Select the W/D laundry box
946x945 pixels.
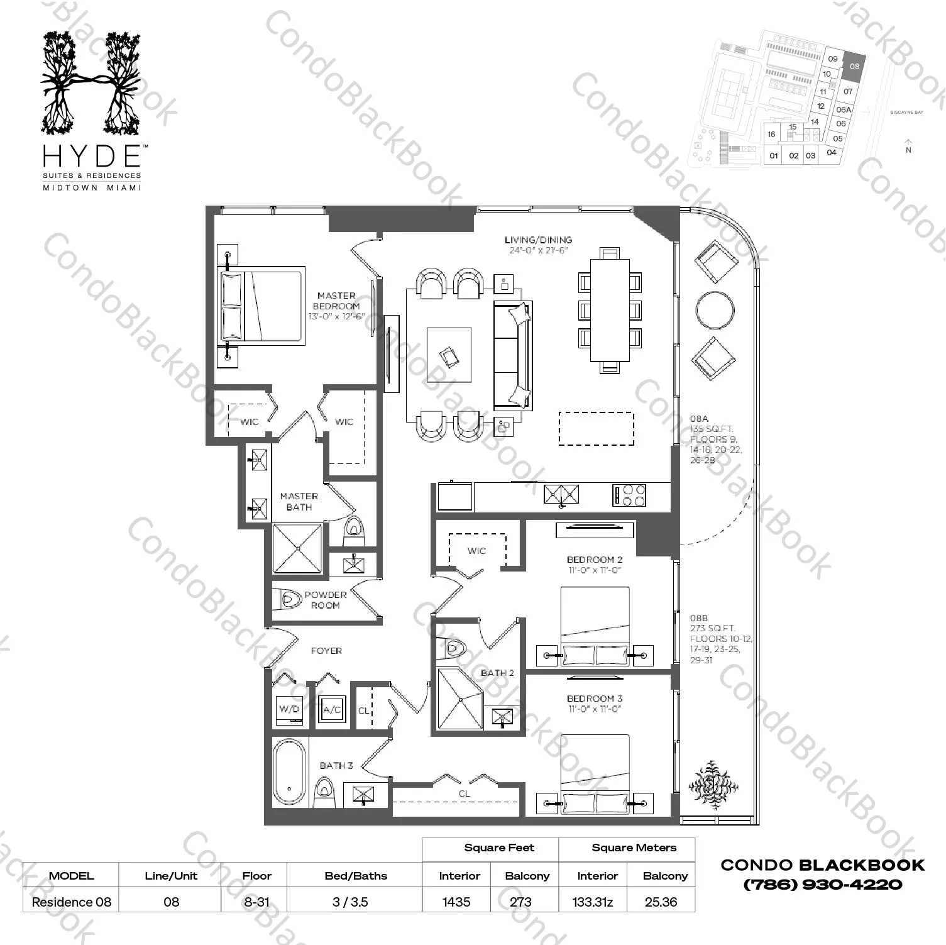(289, 709)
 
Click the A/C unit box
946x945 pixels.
(331, 710)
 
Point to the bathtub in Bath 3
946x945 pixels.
(289, 773)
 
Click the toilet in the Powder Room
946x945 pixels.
(287, 599)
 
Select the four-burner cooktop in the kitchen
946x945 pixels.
(629, 495)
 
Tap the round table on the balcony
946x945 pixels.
(715, 310)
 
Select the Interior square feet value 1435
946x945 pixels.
(456, 902)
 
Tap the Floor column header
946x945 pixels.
(256, 876)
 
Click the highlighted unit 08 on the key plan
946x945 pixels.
(854, 67)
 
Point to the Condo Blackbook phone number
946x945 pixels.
(823, 885)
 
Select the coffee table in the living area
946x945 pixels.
(449, 355)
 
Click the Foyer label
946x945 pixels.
(326, 651)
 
